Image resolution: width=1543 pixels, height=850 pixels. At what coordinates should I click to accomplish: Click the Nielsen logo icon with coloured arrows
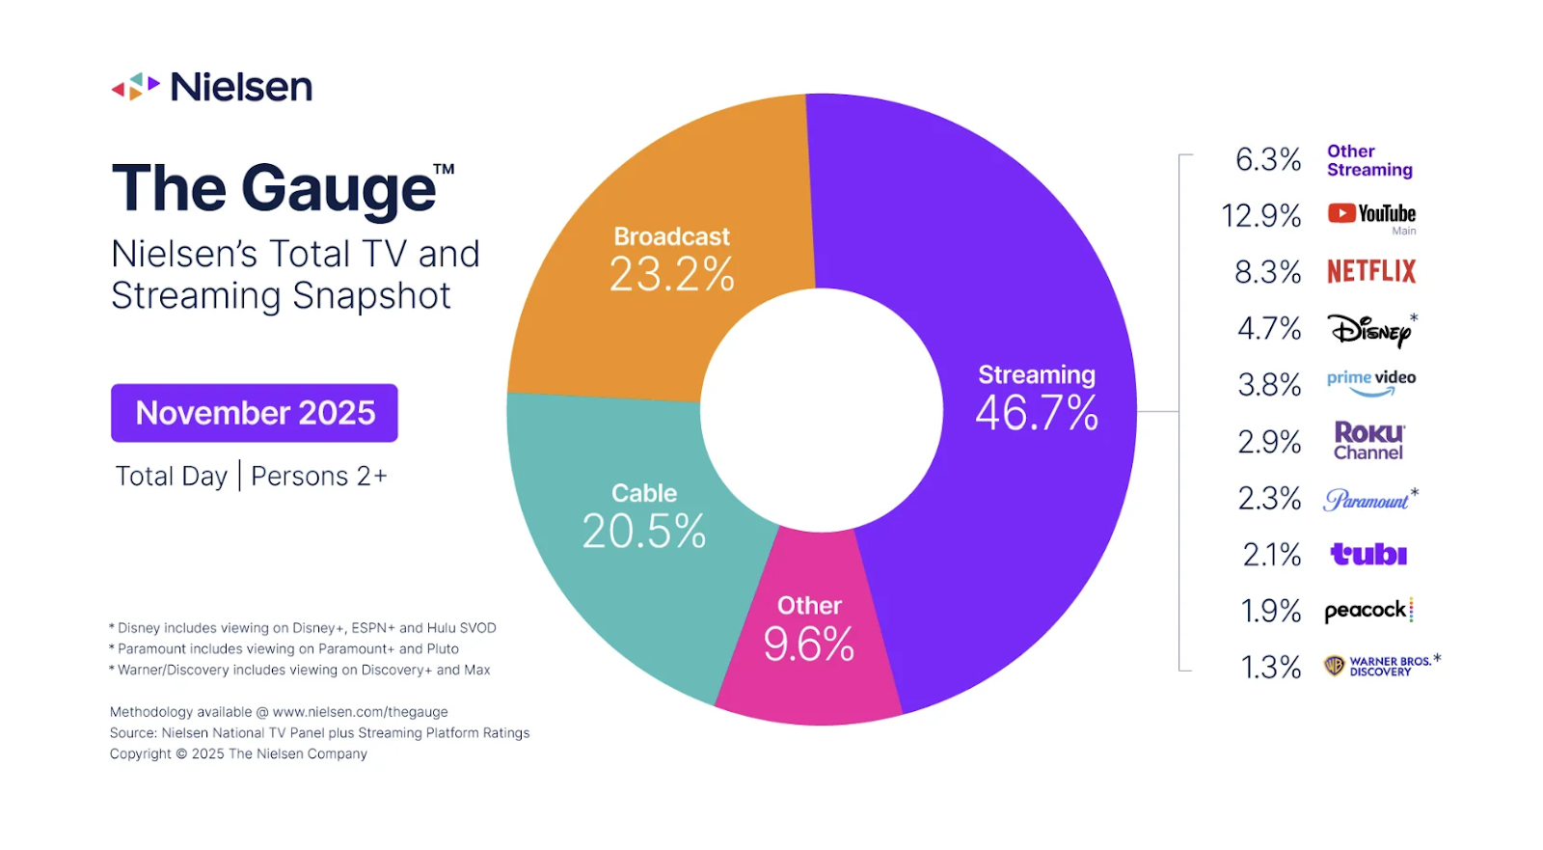pos(135,87)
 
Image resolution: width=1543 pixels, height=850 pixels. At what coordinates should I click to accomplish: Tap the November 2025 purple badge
pos(255,413)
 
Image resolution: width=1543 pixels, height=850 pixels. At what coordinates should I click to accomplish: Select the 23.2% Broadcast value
pos(672,275)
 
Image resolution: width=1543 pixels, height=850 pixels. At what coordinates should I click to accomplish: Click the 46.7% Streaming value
pos(1037,414)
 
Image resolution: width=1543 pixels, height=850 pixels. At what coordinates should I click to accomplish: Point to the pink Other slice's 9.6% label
pos(809,644)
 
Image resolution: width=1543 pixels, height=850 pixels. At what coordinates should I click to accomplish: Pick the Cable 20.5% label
pos(644,531)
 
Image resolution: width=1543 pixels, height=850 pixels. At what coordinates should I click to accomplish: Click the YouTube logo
pos(1371,214)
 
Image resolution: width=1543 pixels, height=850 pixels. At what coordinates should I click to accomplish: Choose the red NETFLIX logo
pos(1371,271)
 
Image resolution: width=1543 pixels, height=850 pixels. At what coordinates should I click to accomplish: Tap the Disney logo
pos(1369,330)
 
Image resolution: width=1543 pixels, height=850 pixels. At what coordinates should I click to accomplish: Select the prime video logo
pos(1371,382)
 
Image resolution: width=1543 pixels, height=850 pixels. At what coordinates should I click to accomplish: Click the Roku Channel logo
pos(1368,441)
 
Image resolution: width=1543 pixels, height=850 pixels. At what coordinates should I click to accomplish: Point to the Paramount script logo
pos(1367,500)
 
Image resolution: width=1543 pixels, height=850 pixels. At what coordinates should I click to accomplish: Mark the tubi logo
pos(1368,554)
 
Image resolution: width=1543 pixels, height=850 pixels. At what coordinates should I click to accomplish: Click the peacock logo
pos(1367,610)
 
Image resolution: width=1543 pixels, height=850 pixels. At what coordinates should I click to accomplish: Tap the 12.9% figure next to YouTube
pos(1260,215)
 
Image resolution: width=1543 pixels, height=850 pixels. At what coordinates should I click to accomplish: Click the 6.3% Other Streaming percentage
pos(1268,159)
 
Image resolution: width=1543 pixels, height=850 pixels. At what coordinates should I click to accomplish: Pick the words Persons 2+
pos(318,477)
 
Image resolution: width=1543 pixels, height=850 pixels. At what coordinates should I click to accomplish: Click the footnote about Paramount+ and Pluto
pos(286,649)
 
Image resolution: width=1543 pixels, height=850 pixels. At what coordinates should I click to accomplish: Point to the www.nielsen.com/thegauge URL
pos(360,712)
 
